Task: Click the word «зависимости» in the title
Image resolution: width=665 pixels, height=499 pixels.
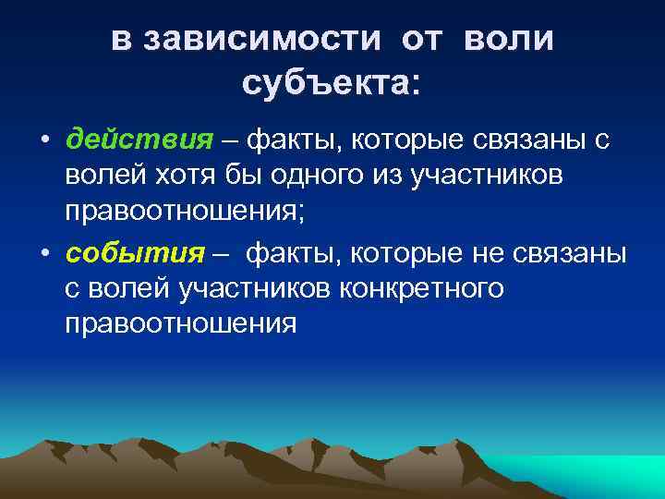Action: coord(261,40)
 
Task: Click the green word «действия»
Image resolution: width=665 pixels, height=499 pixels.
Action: coord(139,141)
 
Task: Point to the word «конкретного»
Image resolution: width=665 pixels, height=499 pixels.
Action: coord(421,289)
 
